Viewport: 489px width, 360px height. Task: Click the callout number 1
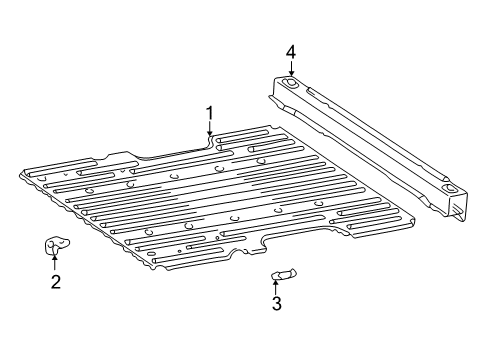click(210, 112)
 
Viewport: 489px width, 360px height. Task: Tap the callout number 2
click(56, 281)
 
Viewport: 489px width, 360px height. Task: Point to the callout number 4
click(291, 51)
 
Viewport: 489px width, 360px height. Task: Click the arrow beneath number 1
click(210, 129)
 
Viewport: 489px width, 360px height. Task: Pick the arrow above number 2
click(55, 262)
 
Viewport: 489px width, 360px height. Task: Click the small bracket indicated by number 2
click(56, 245)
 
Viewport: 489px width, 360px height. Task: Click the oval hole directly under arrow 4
click(290, 85)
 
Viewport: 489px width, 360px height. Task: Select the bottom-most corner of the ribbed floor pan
click(158, 270)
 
